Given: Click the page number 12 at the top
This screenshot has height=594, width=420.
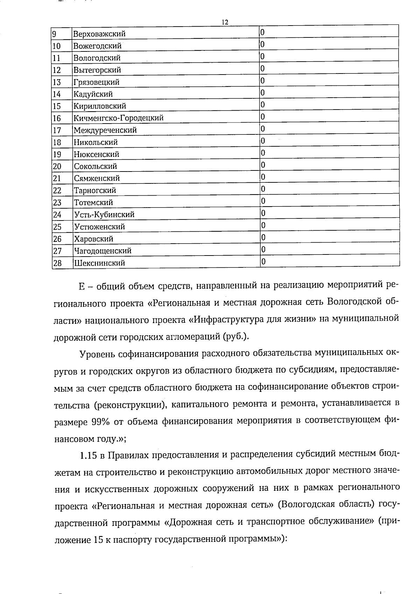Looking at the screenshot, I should tap(225, 22).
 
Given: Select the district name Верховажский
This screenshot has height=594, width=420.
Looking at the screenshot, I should tap(99, 34).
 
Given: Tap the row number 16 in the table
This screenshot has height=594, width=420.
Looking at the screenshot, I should tap(57, 118).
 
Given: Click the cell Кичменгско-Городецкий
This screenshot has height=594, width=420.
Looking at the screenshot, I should tap(118, 118).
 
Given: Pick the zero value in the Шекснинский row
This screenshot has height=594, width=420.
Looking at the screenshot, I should tap(264, 261).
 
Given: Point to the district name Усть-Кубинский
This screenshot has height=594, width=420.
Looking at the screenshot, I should tap(104, 215).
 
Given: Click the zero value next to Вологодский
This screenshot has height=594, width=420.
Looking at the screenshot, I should tap(262, 56).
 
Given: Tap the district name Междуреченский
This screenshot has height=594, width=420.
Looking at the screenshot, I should tap(105, 130).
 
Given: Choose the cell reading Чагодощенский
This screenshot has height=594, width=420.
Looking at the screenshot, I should tap(103, 251).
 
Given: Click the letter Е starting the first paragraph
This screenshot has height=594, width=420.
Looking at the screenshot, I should tap(82, 287).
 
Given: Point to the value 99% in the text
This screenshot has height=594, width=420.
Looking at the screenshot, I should tap(100, 421).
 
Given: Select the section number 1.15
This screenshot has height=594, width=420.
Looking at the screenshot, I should tap(88, 455).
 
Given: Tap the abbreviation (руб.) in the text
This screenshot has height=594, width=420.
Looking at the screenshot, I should tap(236, 337).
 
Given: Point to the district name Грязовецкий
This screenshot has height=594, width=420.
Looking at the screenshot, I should tap(96, 82).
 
